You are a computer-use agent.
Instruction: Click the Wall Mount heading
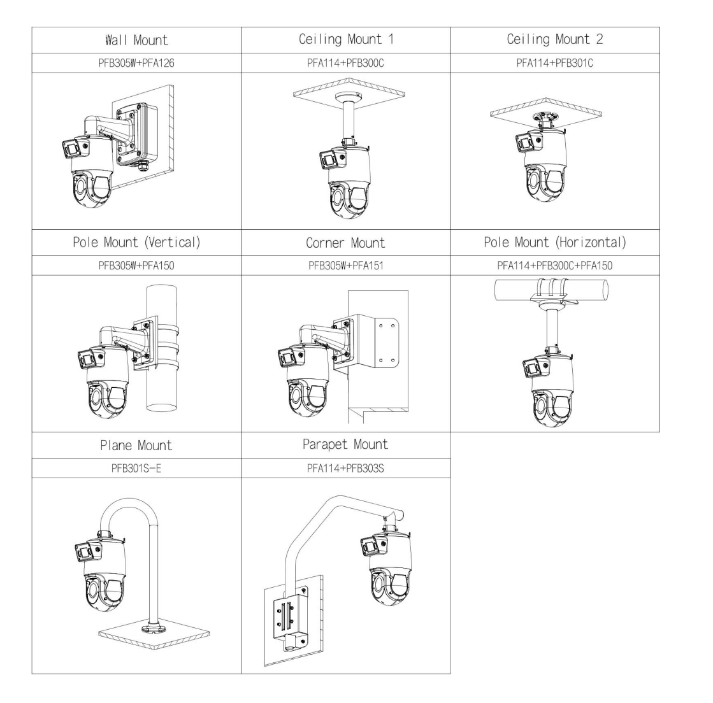[x=136, y=41]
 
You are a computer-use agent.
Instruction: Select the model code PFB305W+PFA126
[x=136, y=63]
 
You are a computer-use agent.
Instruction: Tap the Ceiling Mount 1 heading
[x=345, y=39]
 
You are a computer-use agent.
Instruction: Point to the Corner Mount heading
[x=345, y=243]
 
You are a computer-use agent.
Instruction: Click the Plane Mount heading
[x=136, y=445]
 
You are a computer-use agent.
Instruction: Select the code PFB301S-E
[x=136, y=468]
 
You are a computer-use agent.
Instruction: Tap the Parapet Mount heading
[x=345, y=444]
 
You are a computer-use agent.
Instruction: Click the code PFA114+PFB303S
[x=345, y=468]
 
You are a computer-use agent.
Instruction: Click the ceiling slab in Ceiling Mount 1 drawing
[x=345, y=89]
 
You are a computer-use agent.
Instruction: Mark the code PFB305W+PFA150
[x=136, y=266]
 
